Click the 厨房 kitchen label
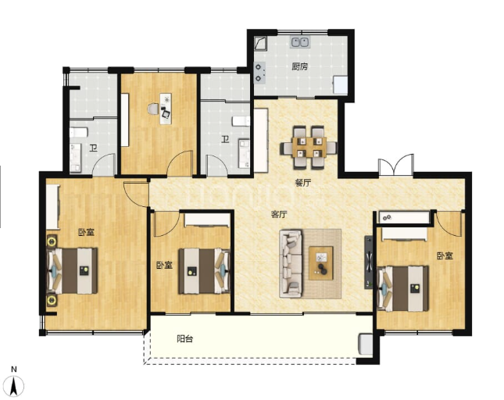299,66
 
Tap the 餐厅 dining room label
302,183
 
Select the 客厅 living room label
279,214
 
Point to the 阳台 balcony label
185,338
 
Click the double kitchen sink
301,42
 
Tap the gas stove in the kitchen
259,73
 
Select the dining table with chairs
309,148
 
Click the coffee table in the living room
321,263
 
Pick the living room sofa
291,263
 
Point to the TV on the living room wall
368,262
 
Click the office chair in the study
166,112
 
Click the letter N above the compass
13,370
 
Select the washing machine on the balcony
366,345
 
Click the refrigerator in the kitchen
341,84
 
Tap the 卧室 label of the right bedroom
445,255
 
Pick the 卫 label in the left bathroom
94,148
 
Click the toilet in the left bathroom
78,132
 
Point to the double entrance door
395,165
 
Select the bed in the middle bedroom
205,271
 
